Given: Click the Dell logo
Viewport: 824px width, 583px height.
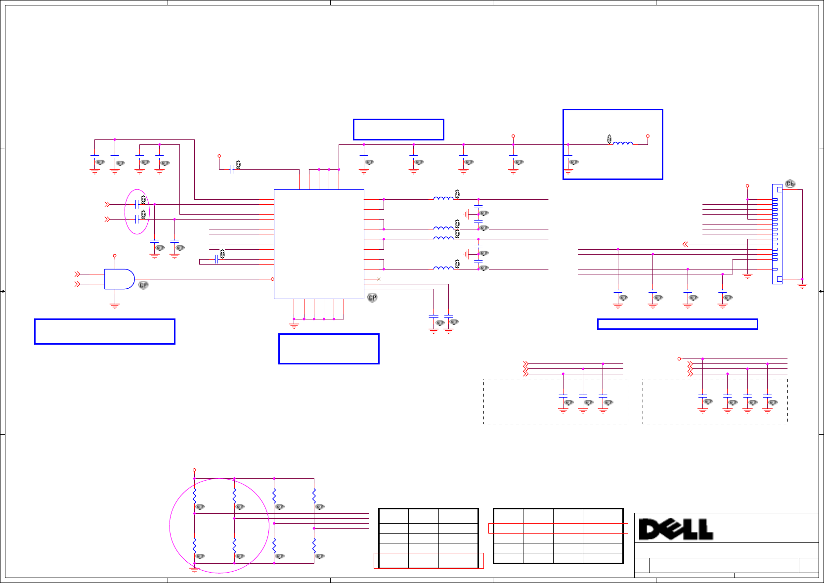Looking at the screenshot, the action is (x=675, y=529).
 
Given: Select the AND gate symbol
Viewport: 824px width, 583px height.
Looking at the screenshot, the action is (x=119, y=279).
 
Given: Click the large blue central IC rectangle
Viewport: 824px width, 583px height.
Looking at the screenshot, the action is (x=319, y=244).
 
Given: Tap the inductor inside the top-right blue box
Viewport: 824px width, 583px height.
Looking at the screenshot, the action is (x=623, y=143).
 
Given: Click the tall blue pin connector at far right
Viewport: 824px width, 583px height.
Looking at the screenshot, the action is (x=777, y=234).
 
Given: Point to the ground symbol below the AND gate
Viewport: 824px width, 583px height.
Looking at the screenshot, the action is (x=115, y=306).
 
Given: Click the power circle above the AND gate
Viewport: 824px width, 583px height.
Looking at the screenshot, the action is (x=115, y=256).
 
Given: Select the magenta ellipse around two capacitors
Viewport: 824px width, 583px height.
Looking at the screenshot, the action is (x=137, y=212).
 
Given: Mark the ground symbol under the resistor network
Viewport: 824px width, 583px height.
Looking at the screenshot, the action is (x=194, y=570).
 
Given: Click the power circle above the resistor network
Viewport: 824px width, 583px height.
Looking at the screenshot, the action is (x=194, y=470).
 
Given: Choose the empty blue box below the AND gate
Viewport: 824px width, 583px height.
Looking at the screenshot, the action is (x=105, y=331).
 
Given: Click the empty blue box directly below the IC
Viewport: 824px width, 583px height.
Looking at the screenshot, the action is (x=329, y=349).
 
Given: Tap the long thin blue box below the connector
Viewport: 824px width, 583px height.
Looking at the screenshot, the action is (x=677, y=324).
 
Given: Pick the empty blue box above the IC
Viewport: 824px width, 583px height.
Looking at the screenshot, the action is (x=398, y=130).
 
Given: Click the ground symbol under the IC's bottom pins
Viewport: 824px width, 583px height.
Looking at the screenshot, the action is (x=294, y=325).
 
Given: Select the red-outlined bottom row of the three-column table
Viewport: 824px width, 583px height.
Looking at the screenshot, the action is (x=429, y=560).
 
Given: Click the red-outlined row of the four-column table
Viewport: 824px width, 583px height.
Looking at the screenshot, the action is (x=558, y=528).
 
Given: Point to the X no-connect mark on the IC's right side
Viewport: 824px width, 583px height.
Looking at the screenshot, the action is (x=379, y=279).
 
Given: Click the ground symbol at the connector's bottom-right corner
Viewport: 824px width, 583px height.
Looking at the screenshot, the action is (x=802, y=286).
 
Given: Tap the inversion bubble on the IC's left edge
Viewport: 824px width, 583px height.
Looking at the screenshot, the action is (x=272, y=279).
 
